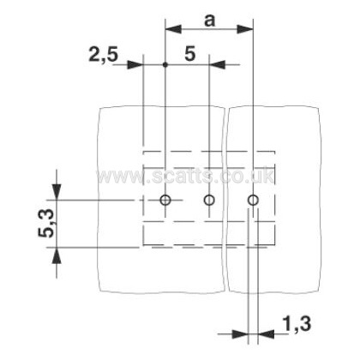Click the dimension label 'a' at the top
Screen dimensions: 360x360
click(x=209, y=21)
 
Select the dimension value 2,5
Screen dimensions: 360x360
click(x=103, y=54)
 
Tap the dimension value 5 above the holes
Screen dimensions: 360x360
click(x=190, y=54)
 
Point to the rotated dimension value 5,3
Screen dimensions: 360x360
click(x=46, y=224)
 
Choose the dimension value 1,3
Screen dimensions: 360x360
click(x=297, y=324)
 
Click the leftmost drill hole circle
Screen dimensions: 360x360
click(x=165, y=200)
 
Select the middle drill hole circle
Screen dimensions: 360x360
click(x=209, y=200)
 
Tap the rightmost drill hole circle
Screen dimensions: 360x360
click(x=253, y=200)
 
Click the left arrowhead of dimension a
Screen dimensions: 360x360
click(x=173, y=29)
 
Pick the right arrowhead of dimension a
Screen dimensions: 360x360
click(x=245, y=29)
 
